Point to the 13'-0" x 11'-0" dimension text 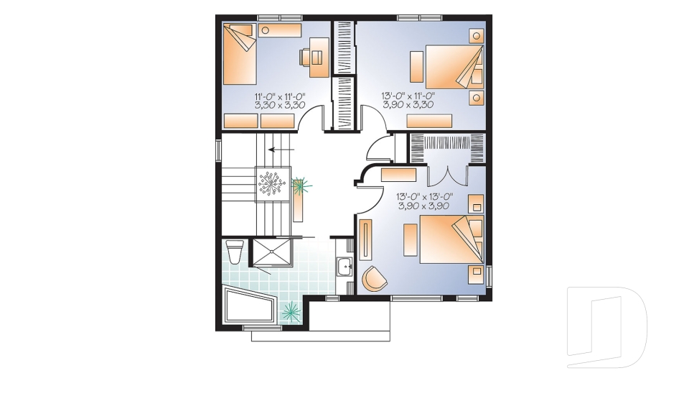[x=408, y=95]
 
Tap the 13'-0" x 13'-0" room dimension [x=423, y=196]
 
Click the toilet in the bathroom [x=233, y=253]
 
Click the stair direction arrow [x=281, y=150]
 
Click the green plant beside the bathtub [x=291, y=311]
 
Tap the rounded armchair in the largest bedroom [x=373, y=278]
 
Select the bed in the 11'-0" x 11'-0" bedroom [x=240, y=54]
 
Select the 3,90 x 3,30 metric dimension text [x=408, y=104]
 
